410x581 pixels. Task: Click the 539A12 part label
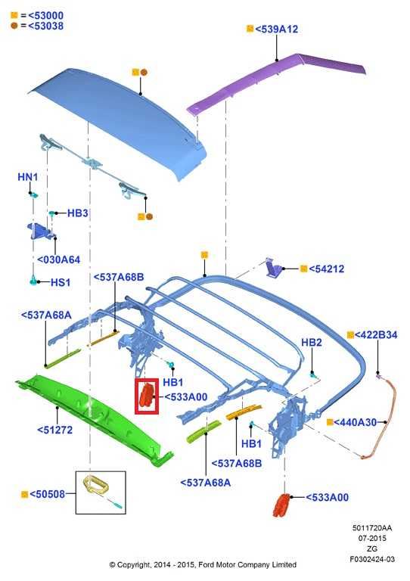pos(276,29)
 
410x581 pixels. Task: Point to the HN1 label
pos(28,177)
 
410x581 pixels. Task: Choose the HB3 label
pos(77,213)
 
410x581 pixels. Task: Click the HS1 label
pos(61,282)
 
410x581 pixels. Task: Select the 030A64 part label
pos(58,259)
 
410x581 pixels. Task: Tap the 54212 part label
pos(326,269)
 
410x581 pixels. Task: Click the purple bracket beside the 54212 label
pos(275,268)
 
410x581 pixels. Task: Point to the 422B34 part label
pos(376,335)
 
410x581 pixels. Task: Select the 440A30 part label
pos(356,422)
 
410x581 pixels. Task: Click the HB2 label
pos(312,343)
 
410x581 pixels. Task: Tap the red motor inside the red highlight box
pos(147,396)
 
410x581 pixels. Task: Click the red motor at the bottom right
pos(282,505)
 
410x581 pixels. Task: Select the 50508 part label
pos(47,494)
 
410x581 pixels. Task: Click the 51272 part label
pos(54,430)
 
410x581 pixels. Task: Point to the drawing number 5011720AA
pos(372,528)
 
